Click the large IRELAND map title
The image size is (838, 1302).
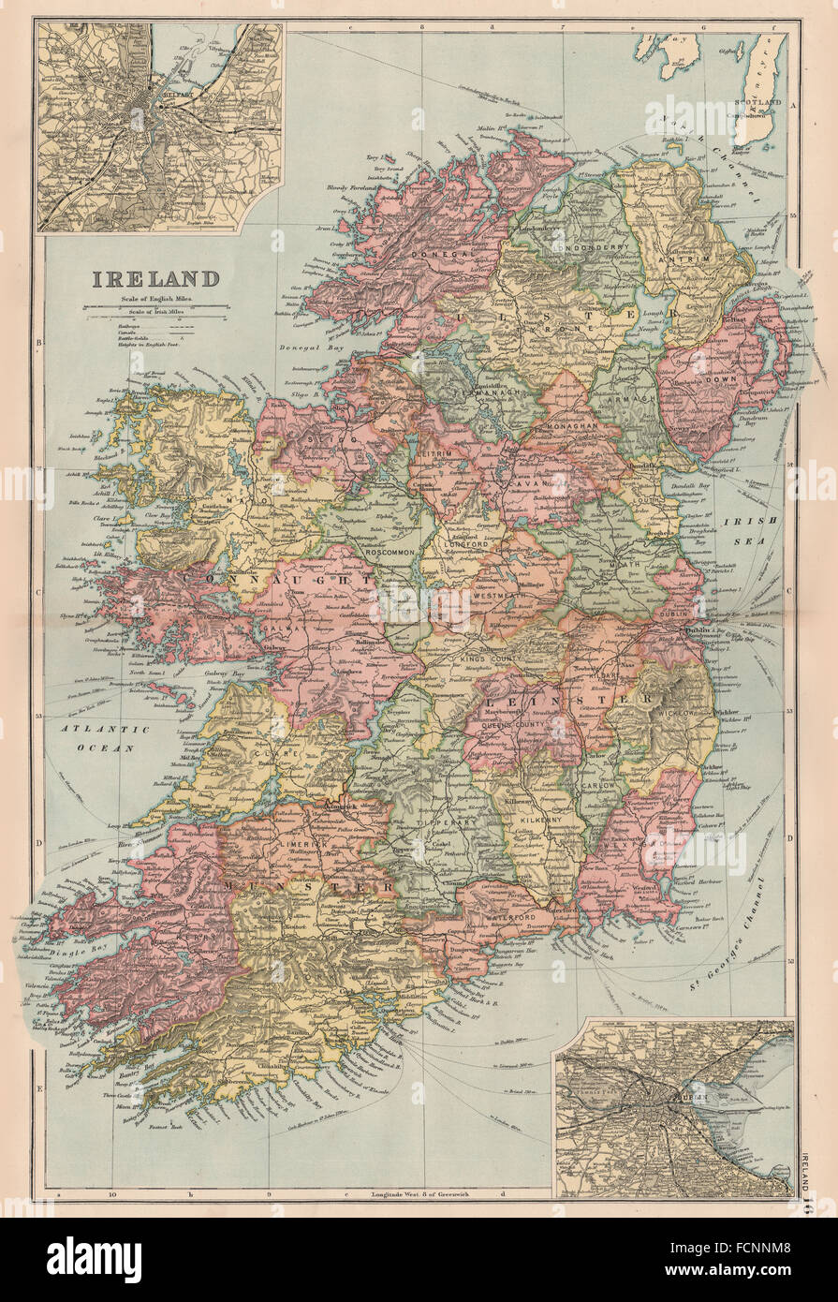point(155,278)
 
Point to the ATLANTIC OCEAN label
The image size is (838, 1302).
point(93,738)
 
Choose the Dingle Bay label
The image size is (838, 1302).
point(44,927)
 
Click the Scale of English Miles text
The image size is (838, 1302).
point(154,298)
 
